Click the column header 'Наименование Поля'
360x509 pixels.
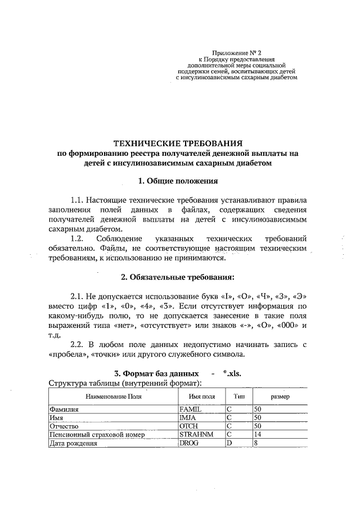[x=113, y=396]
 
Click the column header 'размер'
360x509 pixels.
[x=280, y=396]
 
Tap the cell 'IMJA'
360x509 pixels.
[x=187, y=418]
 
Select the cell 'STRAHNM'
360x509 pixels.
[x=192, y=435]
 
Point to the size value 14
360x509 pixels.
[x=258, y=435]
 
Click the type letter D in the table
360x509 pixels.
[x=229, y=443]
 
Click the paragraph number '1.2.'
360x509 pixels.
[x=78, y=238]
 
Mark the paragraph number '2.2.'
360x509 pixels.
[x=78, y=344]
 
